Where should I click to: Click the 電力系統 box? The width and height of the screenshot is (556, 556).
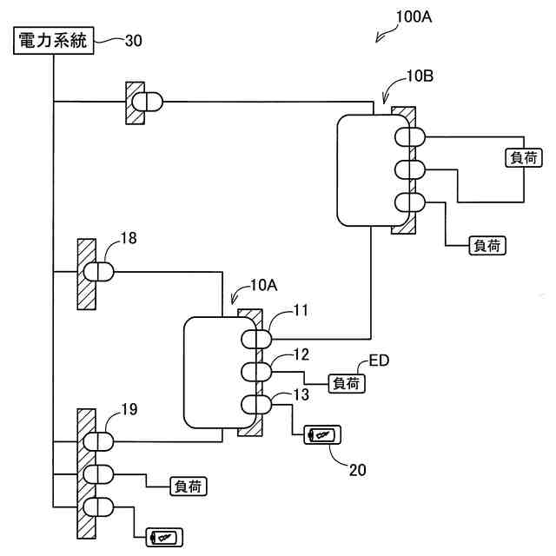point(54,41)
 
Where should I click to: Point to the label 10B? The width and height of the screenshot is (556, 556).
point(420,76)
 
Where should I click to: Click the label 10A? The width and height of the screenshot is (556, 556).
point(263,284)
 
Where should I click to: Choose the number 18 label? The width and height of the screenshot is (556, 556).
point(128,237)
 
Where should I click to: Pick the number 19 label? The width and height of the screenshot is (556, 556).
point(128,407)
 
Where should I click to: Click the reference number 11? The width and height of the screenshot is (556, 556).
point(301,309)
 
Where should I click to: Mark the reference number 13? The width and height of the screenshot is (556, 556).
point(301,395)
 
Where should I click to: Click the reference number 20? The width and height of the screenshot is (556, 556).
point(357,469)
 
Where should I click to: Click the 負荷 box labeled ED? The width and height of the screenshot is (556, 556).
point(347,382)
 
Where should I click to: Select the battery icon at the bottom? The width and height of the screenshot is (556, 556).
point(164,538)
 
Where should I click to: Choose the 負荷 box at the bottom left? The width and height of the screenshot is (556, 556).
point(190,486)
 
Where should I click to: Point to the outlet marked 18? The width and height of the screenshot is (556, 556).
point(99,272)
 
